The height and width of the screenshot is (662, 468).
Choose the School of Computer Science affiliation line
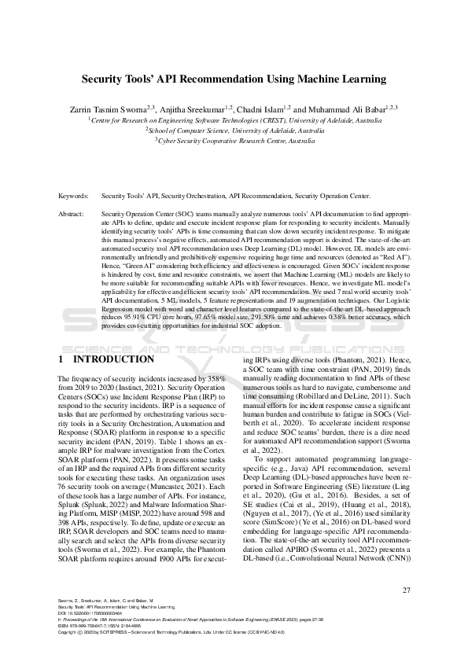(234, 131)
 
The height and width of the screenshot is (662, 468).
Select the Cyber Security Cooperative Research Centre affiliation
(235, 141)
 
